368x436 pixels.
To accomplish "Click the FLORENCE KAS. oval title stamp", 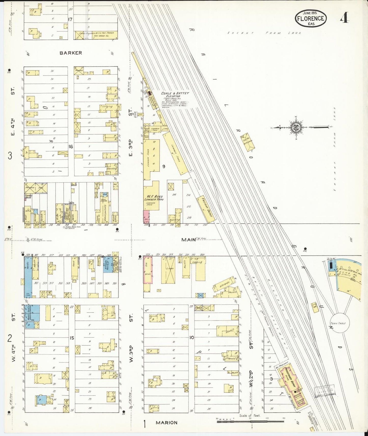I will [311, 18].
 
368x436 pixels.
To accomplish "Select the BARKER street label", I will [71, 53].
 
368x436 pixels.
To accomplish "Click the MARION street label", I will [167, 423].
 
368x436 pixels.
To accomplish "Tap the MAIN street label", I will [189, 240].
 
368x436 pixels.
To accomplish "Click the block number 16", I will [71, 147].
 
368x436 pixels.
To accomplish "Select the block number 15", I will [72, 338].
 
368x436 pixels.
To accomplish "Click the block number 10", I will [192, 338].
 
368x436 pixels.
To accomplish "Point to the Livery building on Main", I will [168, 270].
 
